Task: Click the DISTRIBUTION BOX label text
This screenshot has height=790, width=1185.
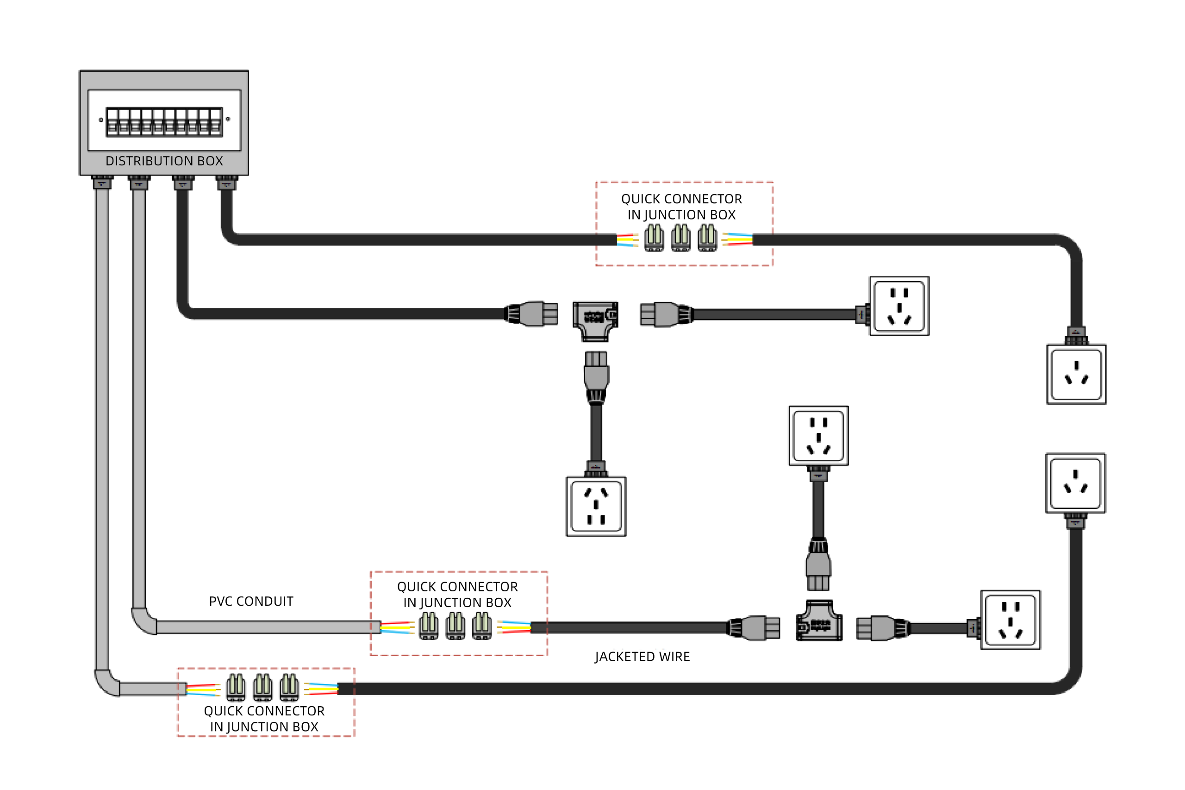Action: tap(164, 161)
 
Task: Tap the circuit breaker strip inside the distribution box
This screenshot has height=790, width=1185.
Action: tap(164, 121)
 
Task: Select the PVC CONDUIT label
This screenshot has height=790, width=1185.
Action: tap(251, 601)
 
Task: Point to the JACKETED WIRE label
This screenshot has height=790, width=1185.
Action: tap(642, 657)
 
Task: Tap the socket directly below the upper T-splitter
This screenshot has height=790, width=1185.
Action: tap(596, 506)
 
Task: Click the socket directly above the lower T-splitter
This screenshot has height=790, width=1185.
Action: tap(818, 436)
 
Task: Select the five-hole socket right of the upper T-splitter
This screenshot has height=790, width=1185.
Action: tap(899, 306)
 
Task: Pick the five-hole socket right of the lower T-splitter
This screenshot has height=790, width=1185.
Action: tap(1010, 620)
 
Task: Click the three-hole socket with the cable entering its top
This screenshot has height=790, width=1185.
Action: tap(1076, 374)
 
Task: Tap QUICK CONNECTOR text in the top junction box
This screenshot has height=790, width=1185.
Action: tap(681, 199)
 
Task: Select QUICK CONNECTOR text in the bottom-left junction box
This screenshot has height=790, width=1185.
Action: tap(264, 711)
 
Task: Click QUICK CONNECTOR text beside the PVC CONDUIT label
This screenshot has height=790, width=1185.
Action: tap(457, 587)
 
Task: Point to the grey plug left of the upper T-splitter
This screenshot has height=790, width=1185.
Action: tap(536, 313)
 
